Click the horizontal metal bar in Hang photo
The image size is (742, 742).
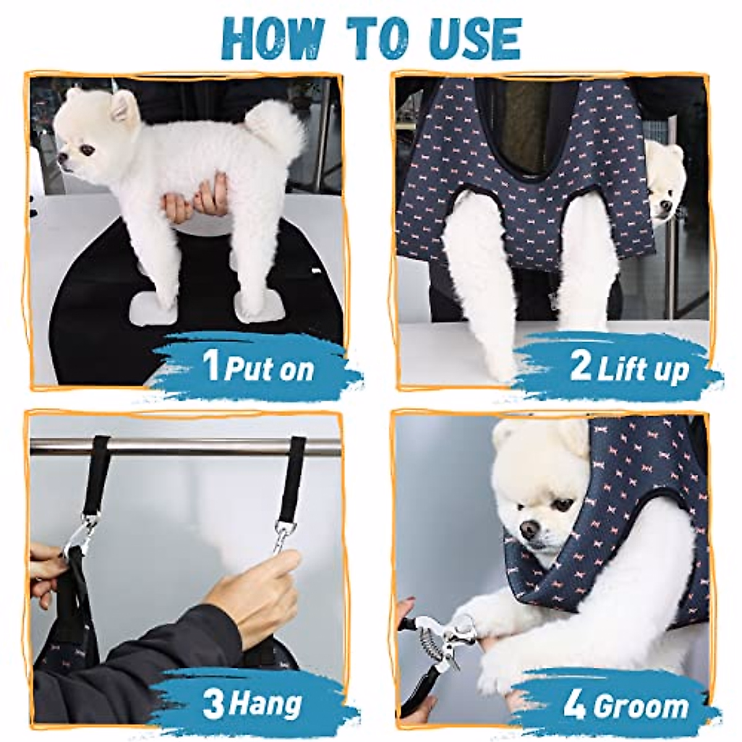[185, 450]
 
